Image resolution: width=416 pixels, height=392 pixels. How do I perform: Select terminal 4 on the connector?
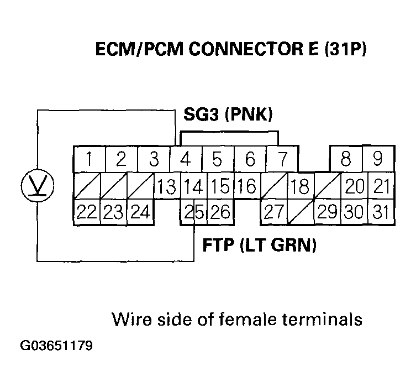pos(186,160)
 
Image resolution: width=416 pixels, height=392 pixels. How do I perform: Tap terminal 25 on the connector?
pos(191,212)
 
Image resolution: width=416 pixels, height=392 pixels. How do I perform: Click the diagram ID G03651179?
pos(57,347)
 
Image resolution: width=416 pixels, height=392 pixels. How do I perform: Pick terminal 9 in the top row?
pos(378,160)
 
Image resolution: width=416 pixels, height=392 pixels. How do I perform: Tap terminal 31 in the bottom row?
pos(379,212)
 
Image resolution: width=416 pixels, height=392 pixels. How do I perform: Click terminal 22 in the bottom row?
pos(87,212)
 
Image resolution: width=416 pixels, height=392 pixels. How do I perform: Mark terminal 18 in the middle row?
pos(299,186)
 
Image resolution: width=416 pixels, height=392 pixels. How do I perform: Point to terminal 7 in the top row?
pos(282,160)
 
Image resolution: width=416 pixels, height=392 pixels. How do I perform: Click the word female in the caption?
pos(250,319)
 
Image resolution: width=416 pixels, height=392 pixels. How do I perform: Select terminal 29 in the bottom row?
pos(326,212)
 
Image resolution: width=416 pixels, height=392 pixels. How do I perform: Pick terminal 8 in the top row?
pos(346,160)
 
